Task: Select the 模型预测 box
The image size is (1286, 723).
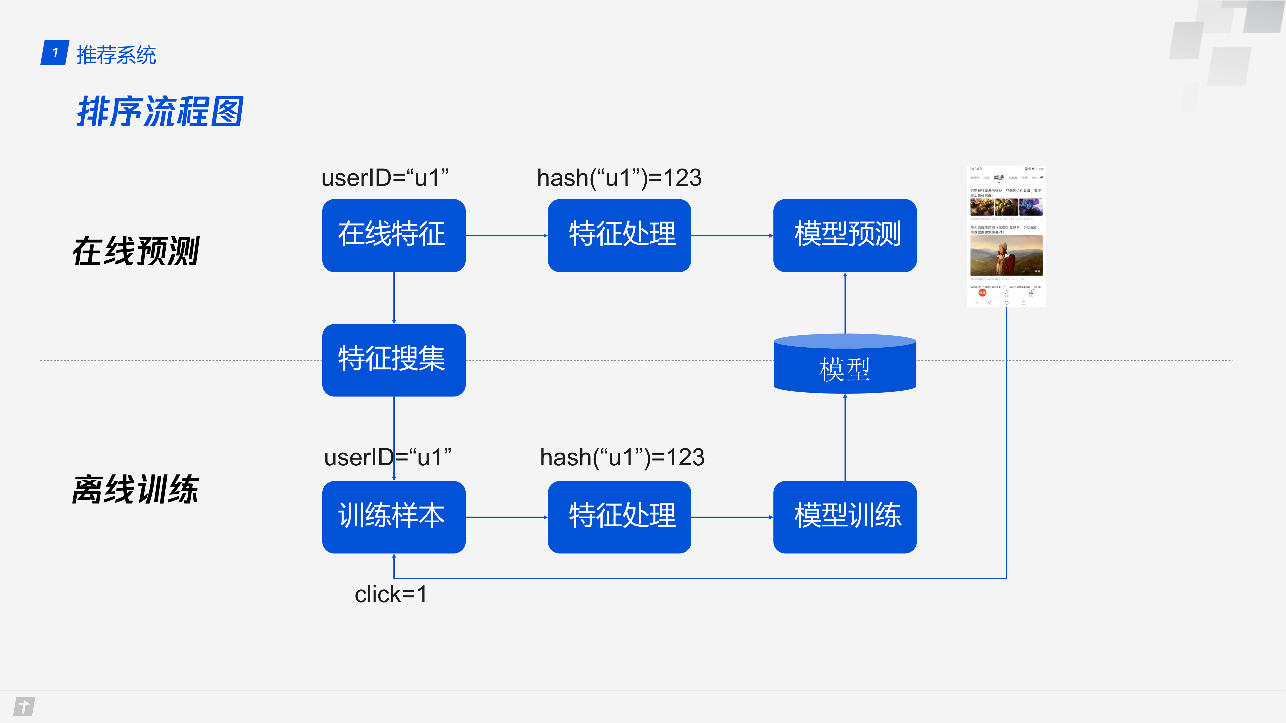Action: point(845,235)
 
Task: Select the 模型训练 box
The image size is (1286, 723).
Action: point(845,517)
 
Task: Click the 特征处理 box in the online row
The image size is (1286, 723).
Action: point(619,235)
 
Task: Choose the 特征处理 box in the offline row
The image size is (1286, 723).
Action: point(619,517)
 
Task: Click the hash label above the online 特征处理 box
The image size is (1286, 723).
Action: point(619,178)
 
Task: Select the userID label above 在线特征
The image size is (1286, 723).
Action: point(385,178)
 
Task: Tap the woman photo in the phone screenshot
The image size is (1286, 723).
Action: point(1006,255)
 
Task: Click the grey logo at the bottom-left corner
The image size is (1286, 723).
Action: point(24,706)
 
